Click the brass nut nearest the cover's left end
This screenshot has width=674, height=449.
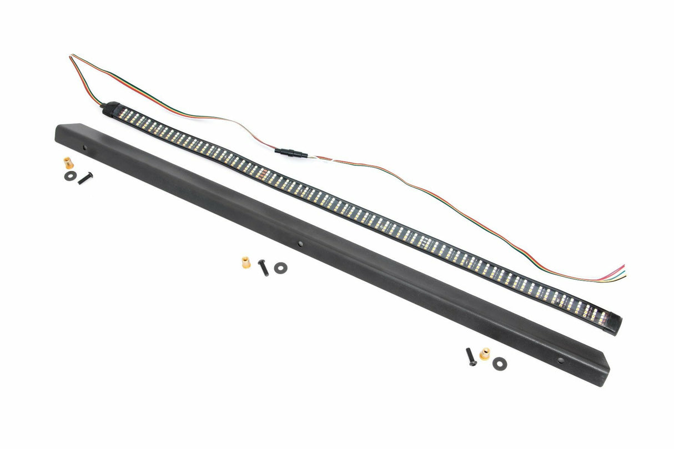[68, 163]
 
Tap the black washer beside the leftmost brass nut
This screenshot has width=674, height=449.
[69, 175]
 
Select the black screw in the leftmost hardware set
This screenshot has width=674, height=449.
[85, 178]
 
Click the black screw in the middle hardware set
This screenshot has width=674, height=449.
[263, 268]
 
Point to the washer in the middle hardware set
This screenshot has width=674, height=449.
[280, 267]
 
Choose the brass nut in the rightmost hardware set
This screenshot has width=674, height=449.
[485, 354]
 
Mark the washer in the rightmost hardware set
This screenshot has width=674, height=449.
[499, 361]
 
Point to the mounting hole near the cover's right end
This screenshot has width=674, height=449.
[560, 360]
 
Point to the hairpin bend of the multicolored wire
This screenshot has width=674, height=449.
[72, 57]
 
